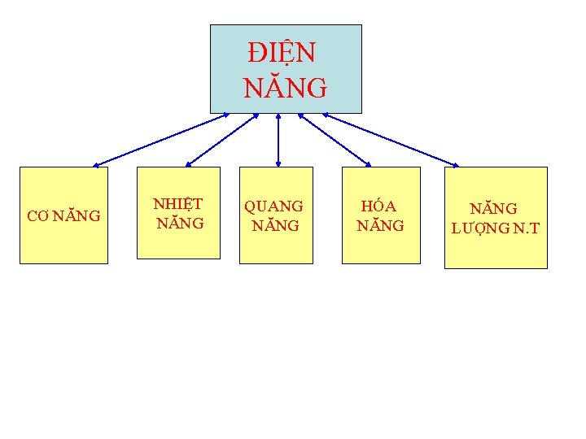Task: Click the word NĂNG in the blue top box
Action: (x=285, y=86)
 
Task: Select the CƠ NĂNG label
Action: (x=63, y=216)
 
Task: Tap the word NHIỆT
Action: (x=178, y=204)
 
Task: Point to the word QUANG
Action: (x=274, y=207)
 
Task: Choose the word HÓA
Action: (x=379, y=207)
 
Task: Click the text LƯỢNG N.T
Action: (x=495, y=228)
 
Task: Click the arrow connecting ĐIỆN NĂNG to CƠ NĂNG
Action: (x=161, y=140)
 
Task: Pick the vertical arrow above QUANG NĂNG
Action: (x=278, y=140)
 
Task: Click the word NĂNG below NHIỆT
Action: (x=180, y=223)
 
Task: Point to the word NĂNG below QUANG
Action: (x=275, y=225)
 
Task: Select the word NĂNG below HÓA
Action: (x=380, y=225)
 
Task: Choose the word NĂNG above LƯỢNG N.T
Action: (x=495, y=210)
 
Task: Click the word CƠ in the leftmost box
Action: (x=37, y=216)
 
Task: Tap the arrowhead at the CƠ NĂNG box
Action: (x=96, y=165)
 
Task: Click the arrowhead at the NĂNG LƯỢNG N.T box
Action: (x=455, y=164)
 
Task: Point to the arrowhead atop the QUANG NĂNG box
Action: (x=278, y=163)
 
